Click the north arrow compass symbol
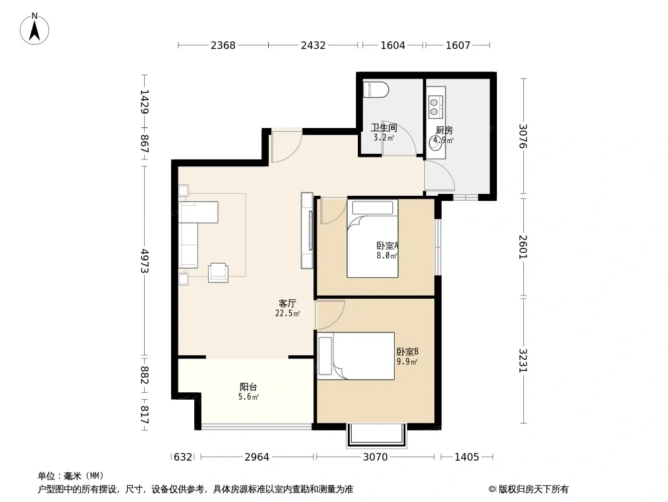pyautogui.click(x=34, y=29)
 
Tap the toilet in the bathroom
pyautogui.click(x=376, y=90)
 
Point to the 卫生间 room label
pyautogui.click(x=384, y=127)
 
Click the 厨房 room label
pyautogui.click(x=444, y=130)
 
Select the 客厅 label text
pyautogui.click(x=288, y=303)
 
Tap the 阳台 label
pyautogui.click(x=248, y=387)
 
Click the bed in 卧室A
pyautogui.click(x=372, y=238)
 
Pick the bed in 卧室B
pyautogui.click(x=356, y=356)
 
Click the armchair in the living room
pyautogui.click(x=218, y=273)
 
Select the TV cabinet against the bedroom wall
pyautogui.click(x=306, y=230)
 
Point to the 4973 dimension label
pyautogui.click(x=144, y=261)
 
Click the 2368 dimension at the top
pyautogui.click(x=223, y=45)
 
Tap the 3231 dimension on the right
pyautogui.click(x=523, y=360)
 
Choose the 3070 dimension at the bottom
pyautogui.click(x=375, y=457)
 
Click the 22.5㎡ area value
pyautogui.click(x=288, y=314)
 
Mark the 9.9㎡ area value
pyautogui.click(x=407, y=361)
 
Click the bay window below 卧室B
pyautogui.click(x=377, y=435)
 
